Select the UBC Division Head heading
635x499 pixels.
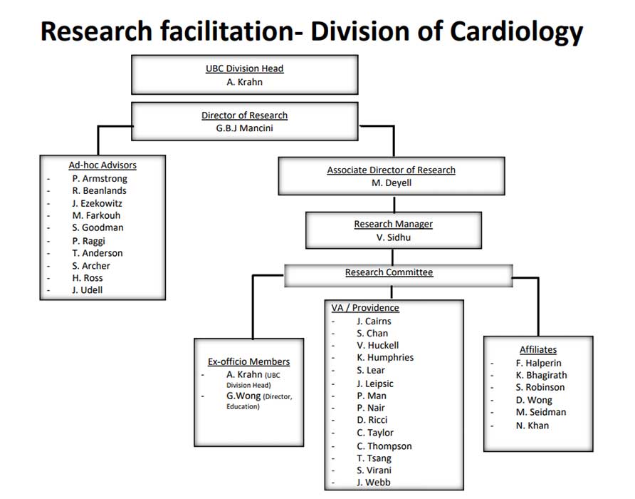click(x=244, y=69)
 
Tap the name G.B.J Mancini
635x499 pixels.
click(x=244, y=128)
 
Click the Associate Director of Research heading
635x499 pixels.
click(x=391, y=170)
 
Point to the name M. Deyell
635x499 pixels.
click(x=391, y=182)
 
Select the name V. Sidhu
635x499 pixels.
click(x=393, y=237)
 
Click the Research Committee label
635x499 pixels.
click(x=389, y=272)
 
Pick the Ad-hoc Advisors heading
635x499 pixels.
click(x=103, y=165)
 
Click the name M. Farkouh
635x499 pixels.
click(x=98, y=215)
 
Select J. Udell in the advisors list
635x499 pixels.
click(x=87, y=290)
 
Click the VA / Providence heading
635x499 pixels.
click(x=365, y=308)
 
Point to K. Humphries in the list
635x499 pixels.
click(x=385, y=357)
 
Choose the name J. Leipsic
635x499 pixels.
click(x=374, y=384)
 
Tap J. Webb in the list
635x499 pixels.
click(x=373, y=483)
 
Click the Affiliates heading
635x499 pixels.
click(x=538, y=349)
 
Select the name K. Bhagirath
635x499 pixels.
click(x=541, y=375)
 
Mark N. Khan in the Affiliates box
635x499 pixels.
click(x=532, y=426)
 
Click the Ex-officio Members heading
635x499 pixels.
click(x=248, y=361)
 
